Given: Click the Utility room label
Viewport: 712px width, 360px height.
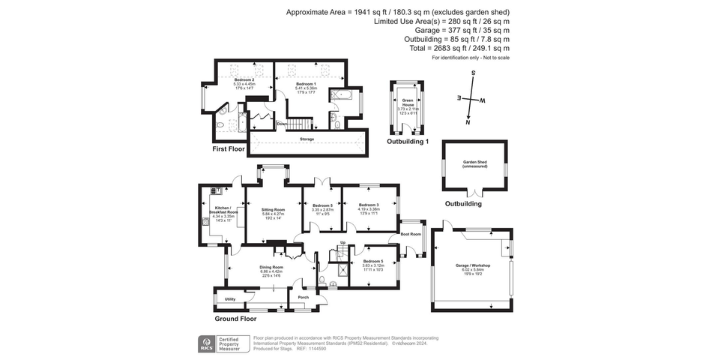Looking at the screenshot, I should [229, 298].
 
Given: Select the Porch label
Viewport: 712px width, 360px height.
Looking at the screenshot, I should [304, 298].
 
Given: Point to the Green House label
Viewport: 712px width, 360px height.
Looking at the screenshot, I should [408, 103].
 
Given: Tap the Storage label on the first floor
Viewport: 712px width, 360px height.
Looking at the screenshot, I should [307, 139].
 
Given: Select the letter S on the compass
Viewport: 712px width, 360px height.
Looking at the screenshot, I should [473, 73].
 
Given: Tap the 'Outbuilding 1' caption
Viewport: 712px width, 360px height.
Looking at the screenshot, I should [408, 142].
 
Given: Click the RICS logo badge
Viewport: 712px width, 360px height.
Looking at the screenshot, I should [206, 343].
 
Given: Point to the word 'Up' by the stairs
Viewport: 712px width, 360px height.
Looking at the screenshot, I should [343, 243].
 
